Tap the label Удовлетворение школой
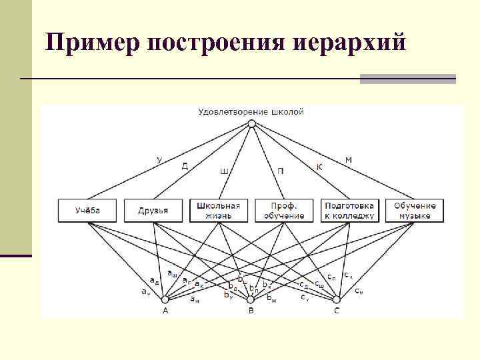[251, 111]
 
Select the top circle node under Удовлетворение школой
[251, 123]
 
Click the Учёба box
[88, 210]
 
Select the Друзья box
[153, 210]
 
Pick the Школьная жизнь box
[219, 210]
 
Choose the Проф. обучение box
[284, 210]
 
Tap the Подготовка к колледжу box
[349, 210]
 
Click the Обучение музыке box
[415, 210]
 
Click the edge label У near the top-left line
[159, 159]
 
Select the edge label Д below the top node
[185, 166]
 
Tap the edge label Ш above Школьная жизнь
[224, 171]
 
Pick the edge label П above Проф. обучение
[281, 171]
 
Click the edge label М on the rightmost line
[349, 159]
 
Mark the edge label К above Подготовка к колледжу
[319, 166]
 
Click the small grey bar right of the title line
[407, 79]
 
